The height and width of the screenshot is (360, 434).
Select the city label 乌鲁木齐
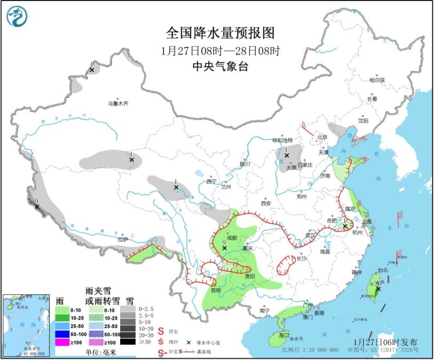click(117, 103)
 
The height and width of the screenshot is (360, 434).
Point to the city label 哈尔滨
click(377, 80)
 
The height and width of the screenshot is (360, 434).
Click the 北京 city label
click(322, 137)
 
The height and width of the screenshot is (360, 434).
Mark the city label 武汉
click(310, 235)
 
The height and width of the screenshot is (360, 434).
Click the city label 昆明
click(215, 289)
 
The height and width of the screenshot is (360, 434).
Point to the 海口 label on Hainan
click(284, 334)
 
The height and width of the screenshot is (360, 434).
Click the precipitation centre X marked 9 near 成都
click(224, 248)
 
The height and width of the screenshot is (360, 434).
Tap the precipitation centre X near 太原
click(286, 155)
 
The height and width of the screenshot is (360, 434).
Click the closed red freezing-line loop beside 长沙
click(285, 265)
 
